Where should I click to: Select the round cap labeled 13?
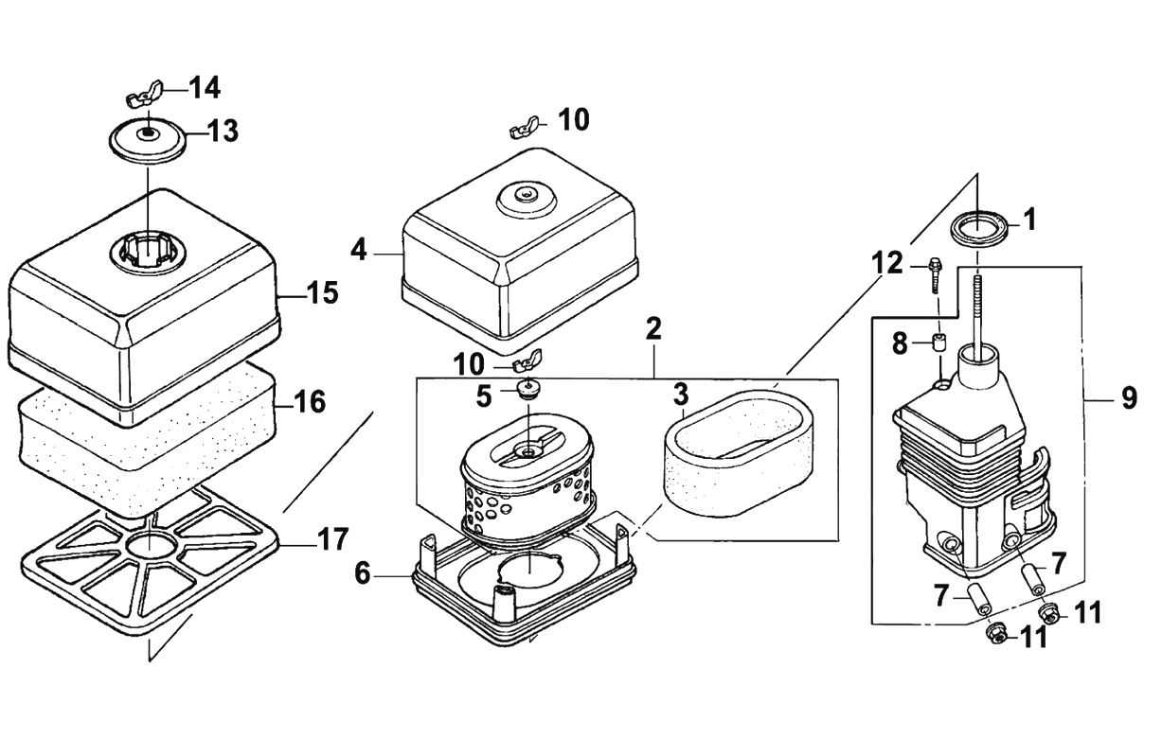pos(146,138)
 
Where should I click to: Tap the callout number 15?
pos(322,293)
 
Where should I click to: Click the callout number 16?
pos(310,403)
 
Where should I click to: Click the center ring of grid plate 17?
pos(149,547)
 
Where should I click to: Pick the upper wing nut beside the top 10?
pos(525,126)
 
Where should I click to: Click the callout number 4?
pos(358,252)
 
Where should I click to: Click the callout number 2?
pos(653,331)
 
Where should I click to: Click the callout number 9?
pos(1128,399)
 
